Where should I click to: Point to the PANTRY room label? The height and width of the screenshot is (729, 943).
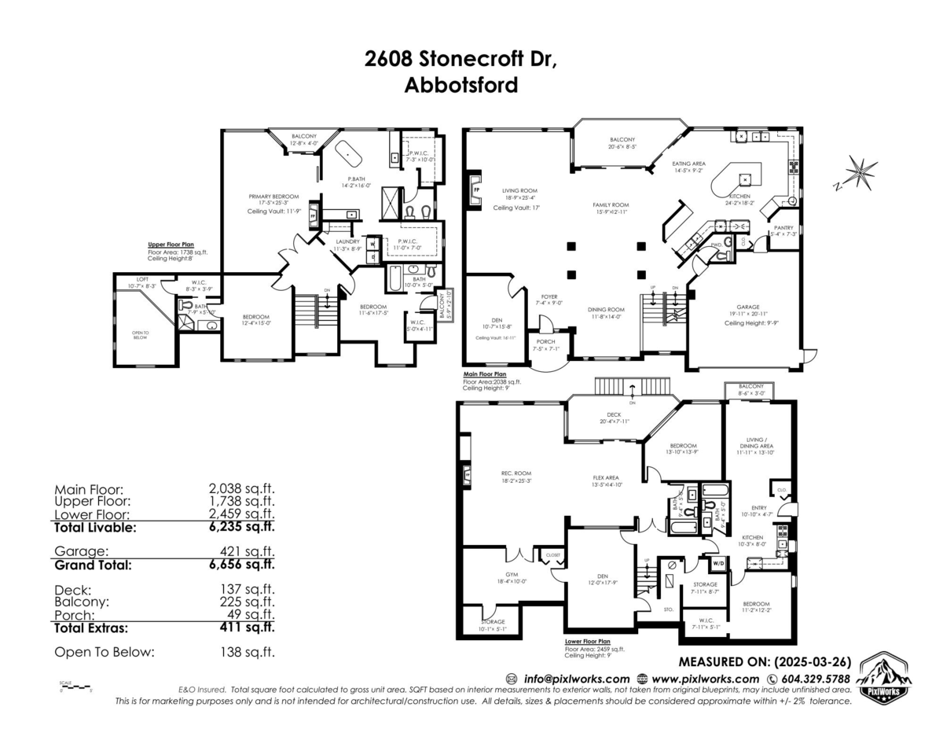point(783,227)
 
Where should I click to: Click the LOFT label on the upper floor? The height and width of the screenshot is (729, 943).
point(142,279)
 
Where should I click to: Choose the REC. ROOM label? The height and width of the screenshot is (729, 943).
point(516,473)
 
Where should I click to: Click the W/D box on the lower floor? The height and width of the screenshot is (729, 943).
point(717,563)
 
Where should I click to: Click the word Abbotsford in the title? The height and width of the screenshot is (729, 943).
point(460,85)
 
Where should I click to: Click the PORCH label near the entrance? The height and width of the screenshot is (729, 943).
point(544,341)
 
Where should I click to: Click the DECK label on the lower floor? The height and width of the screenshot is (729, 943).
point(614,415)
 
